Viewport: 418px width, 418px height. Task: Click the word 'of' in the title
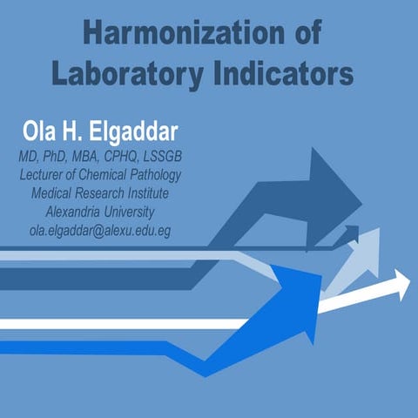coord(304,33)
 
